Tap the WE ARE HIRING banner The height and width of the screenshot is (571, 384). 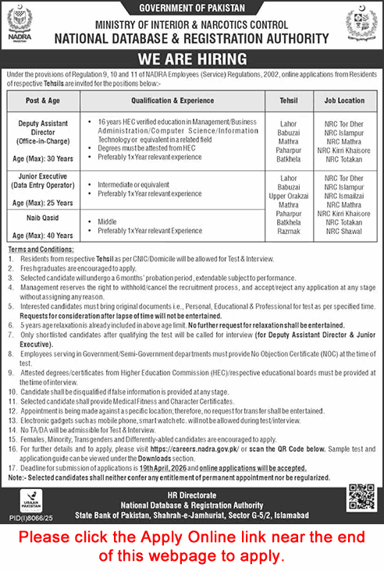click(191, 58)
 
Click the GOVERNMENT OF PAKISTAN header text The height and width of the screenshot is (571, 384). click(191, 8)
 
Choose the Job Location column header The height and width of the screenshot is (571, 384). click(344, 101)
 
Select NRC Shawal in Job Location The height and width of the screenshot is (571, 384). click(344, 231)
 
